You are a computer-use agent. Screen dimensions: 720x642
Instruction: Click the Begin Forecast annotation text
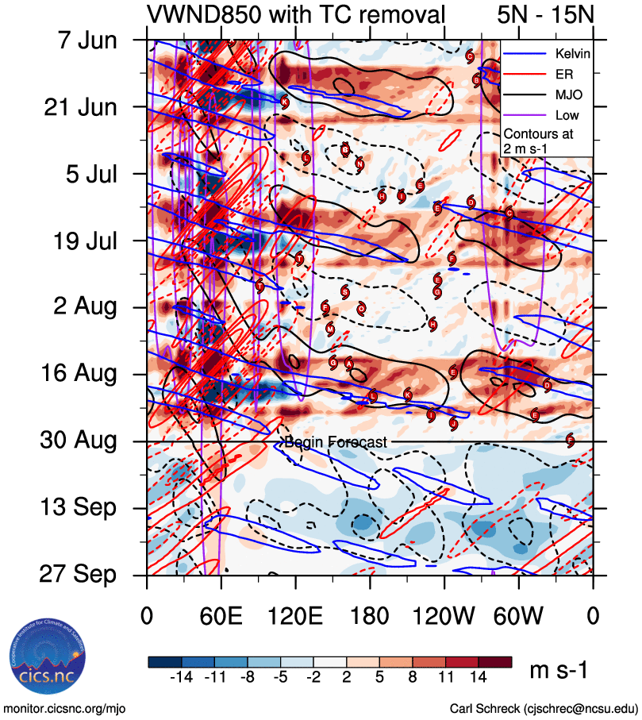pos(336,442)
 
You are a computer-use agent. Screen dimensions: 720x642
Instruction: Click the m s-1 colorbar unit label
pos(559,672)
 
